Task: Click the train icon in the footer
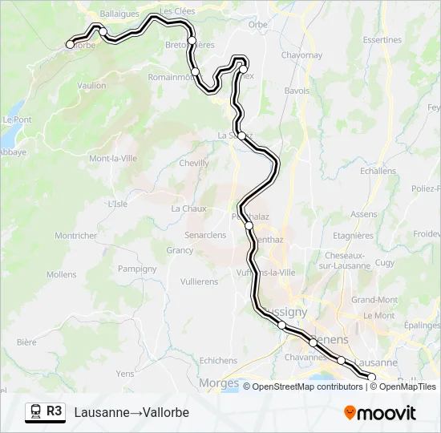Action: click(35, 412)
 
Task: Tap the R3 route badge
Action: click(54, 411)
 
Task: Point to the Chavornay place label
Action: click(301, 55)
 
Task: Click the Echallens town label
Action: click(378, 171)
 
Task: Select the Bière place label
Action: click(26, 342)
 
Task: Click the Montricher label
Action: click(75, 236)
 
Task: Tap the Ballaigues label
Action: click(119, 14)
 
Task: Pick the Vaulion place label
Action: click(92, 85)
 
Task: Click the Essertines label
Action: click(382, 39)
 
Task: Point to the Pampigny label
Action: click(136, 269)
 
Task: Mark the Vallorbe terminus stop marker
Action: click(70, 45)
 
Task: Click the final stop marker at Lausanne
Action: click(371, 376)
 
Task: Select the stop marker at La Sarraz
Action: click(241, 136)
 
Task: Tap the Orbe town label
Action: click(257, 25)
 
